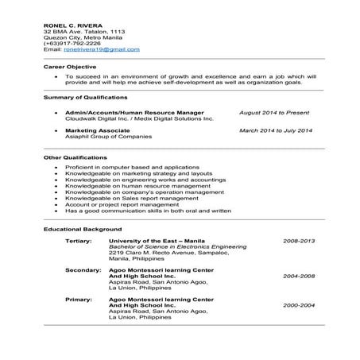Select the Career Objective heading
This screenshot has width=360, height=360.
click(70, 67)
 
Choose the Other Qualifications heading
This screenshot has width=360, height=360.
click(72, 158)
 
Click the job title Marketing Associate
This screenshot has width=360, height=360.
click(97, 130)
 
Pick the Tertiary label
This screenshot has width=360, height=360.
click(79, 240)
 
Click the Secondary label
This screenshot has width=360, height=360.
click(82, 269)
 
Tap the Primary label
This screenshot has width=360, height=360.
click(79, 299)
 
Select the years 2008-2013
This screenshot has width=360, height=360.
click(299, 240)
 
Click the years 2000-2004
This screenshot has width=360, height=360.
click(299, 305)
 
